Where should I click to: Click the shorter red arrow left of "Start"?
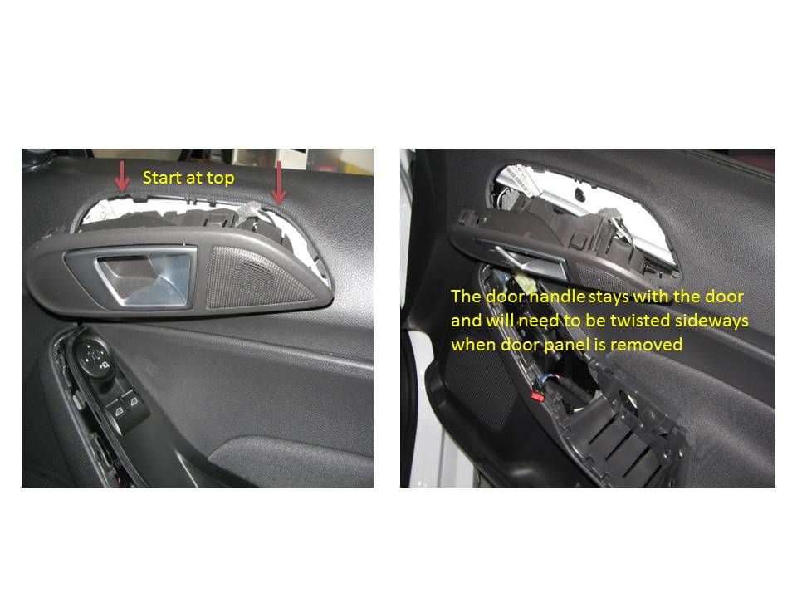121,176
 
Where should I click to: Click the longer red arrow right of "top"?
279,183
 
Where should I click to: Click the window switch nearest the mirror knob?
119,413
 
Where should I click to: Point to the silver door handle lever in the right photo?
529,260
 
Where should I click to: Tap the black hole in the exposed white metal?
579,194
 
